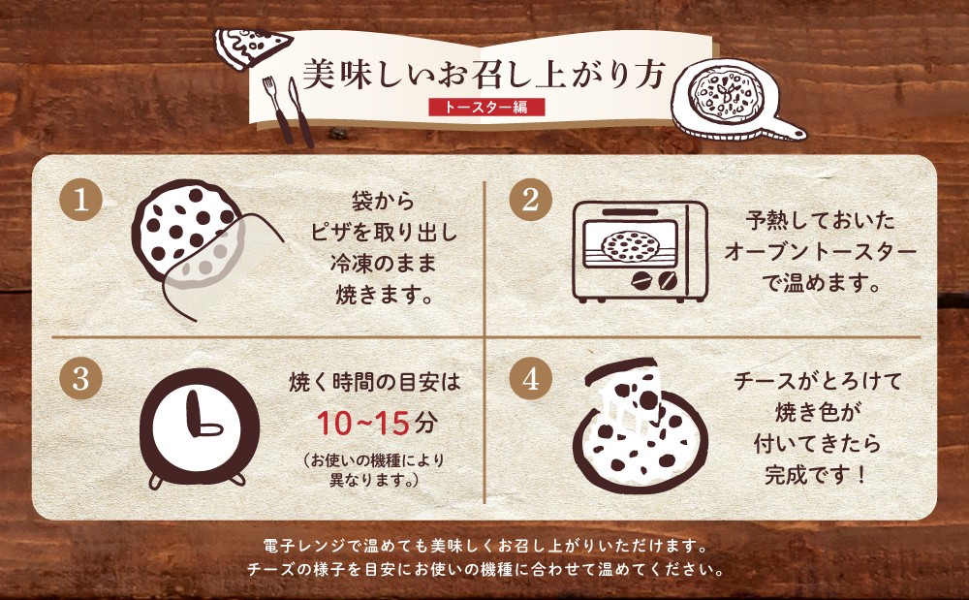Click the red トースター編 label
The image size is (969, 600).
click(x=487, y=107)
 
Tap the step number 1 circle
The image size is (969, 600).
click(x=80, y=200)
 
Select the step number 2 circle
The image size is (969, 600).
click(x=530, y=200)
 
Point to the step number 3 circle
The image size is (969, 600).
click(x=80, y=378)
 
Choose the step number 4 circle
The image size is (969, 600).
click(x=530, y=378)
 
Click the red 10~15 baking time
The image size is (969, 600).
click(x=363, y=424)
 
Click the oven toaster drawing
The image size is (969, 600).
click(x=640, y=251)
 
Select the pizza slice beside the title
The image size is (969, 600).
click(x=252, y=47)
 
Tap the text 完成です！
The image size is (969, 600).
click(x=816, y=475)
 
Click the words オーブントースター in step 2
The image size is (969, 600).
click(x=820, y=252)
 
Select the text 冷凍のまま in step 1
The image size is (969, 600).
click(x=383, y=264)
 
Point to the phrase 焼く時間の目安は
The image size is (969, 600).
click(x=374, y=383)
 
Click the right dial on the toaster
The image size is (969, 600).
click(x=668, y=282)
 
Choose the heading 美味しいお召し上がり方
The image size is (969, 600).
click(x=484, y=75)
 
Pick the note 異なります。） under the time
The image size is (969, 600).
click(x=373, y=480)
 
